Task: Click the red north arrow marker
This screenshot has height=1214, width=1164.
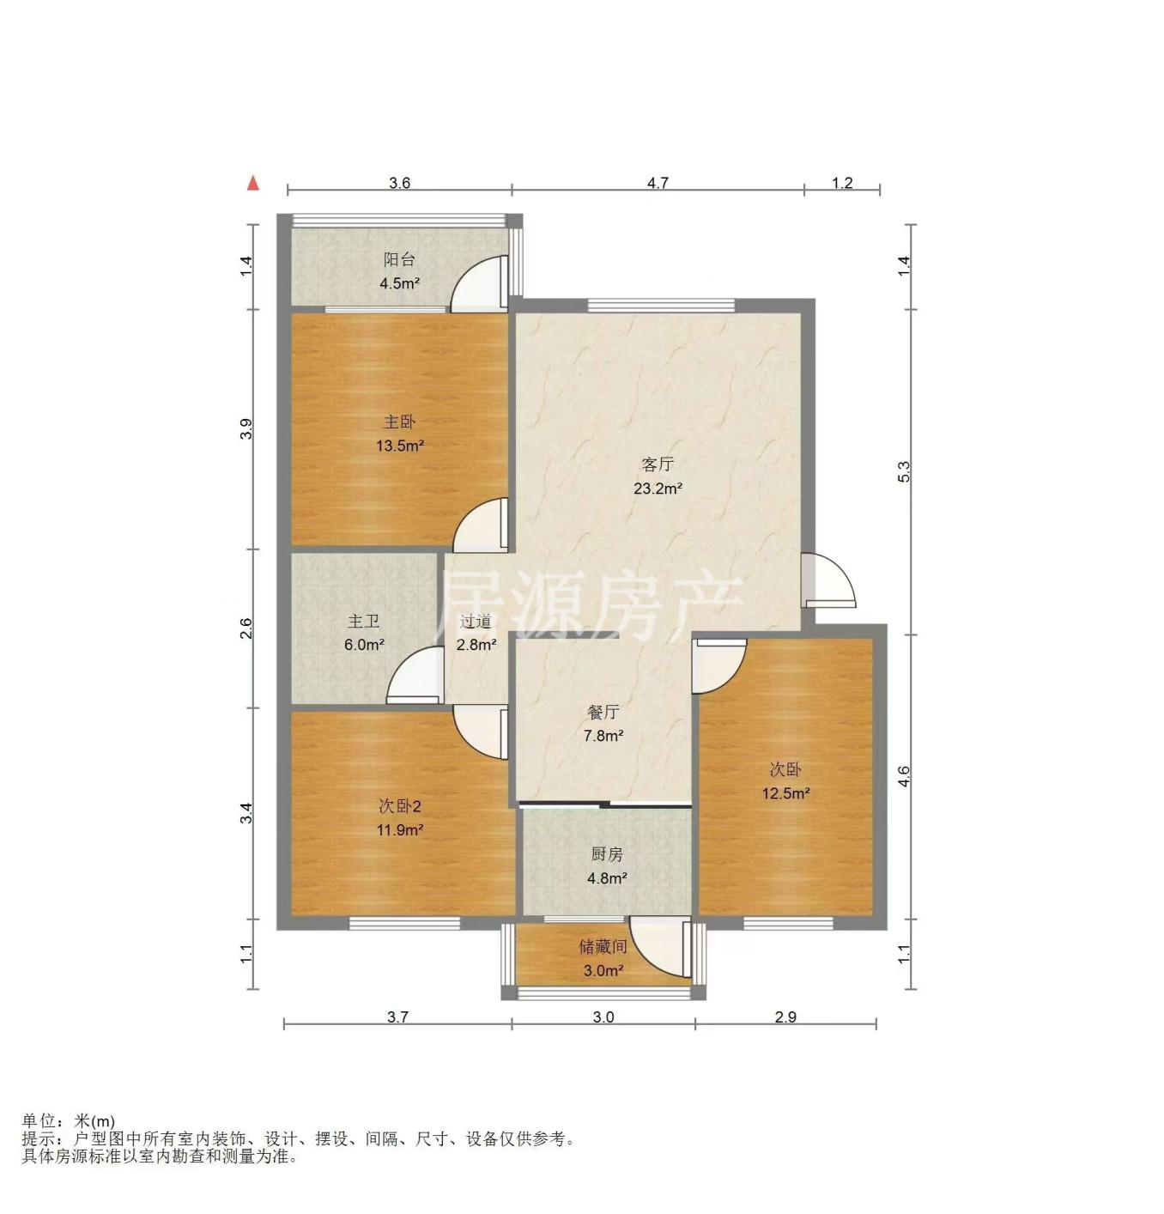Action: pyautogui.click(x=252, y=183)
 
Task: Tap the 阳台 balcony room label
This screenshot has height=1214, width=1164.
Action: pyautogui.click(x=399, y=259)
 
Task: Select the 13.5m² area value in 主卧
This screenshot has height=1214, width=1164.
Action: pyautogui.click(x=400, y=446)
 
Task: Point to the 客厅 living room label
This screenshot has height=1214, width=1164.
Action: pyautogui.click(x=658, y=464)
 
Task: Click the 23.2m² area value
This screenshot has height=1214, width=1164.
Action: pyautogui.click(x=658, y=488)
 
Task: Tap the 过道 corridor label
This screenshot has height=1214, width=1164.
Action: pyautogui.click(x=476, y=622)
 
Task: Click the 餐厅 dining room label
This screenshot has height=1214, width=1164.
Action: pyautogui.click(x=603, y=712)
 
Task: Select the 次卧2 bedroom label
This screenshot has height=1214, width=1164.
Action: pyautogui.click(x=400, y=807)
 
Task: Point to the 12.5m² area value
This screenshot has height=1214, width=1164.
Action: pyautogui.click(x=785, y=793)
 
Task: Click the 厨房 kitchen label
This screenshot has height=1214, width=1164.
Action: pyautogui.click(x=607, y=854)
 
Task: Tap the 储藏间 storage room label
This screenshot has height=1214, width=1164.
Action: pyautogui.click(x=603, y=946)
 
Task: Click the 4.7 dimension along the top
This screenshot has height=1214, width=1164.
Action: pyautogui.click(x=658, y=183)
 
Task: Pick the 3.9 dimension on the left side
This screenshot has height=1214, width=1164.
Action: pyautogui.click(x=247, y=429)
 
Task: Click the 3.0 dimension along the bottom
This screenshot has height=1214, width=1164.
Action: pyautogui.click(x=603, y=1017)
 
